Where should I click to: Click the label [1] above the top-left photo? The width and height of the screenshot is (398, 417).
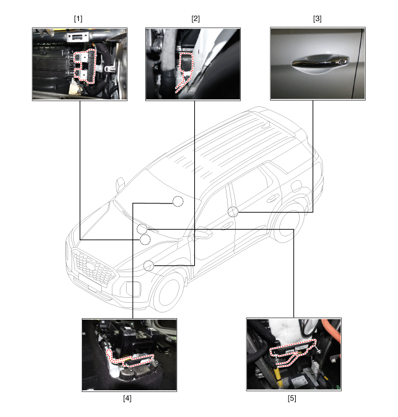[x=78, y=18]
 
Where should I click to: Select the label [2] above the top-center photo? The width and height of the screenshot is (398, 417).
[x=195, y=18]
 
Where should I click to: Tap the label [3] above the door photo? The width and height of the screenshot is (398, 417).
[x=317, y=18]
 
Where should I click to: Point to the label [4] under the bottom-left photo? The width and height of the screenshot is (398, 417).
[x=127, y=398]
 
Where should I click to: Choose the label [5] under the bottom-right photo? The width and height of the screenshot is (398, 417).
[x=292, y=398]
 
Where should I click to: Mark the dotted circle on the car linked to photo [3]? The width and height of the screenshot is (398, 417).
[x=233, y=212]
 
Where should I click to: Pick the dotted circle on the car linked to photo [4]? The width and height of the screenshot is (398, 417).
[x=178, y=201]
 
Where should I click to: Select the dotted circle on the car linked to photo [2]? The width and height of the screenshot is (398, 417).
[x=149, y=265]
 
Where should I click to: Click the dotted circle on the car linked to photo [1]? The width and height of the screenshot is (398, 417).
[x=145, y=239]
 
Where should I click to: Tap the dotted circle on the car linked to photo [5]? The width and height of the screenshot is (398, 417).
[x=142, y=229]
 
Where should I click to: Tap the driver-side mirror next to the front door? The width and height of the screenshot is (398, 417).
[x=202, y=233]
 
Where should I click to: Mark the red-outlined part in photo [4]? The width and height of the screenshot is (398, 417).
[x=133, y=358]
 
